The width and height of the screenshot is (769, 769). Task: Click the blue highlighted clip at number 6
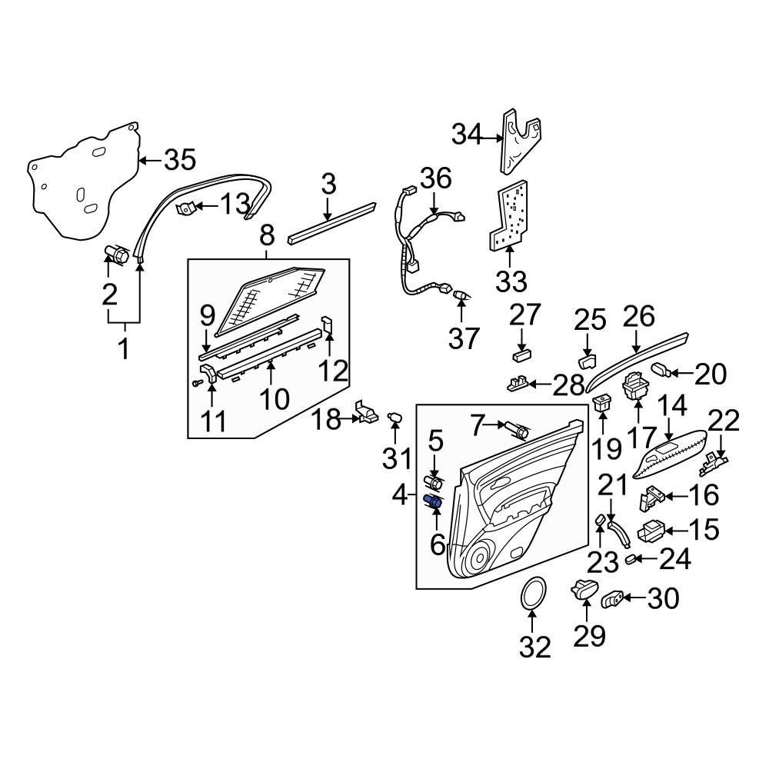pos(433,502)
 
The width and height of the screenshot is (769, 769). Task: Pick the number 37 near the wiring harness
pos(463,338)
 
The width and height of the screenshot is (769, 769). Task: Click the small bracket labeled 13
pos(186,208)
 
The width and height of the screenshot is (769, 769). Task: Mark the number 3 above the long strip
pos(328,185)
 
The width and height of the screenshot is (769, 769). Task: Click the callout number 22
pos(723,421)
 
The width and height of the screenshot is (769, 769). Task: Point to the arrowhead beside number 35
pos(144,160)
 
